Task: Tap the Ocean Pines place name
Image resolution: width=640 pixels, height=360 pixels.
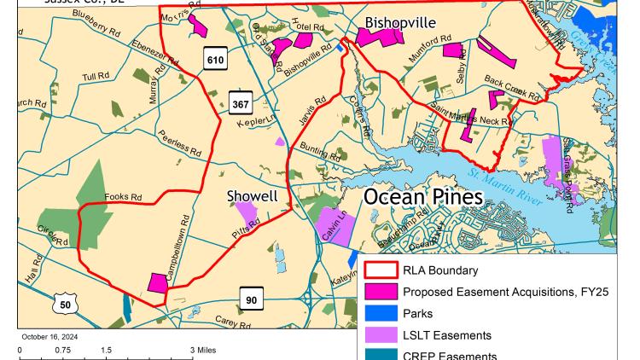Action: coord(423,197)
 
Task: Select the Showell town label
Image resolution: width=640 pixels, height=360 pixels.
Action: coord(252,196)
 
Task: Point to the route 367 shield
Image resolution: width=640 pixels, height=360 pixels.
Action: coord(241,105)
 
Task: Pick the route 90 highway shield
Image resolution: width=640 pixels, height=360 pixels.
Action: coord(251,299)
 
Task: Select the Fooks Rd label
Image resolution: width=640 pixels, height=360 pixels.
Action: coord(123,197)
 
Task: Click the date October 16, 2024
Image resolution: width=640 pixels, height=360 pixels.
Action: coord(50,336)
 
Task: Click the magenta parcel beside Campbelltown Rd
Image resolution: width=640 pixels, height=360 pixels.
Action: coord(158,282)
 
